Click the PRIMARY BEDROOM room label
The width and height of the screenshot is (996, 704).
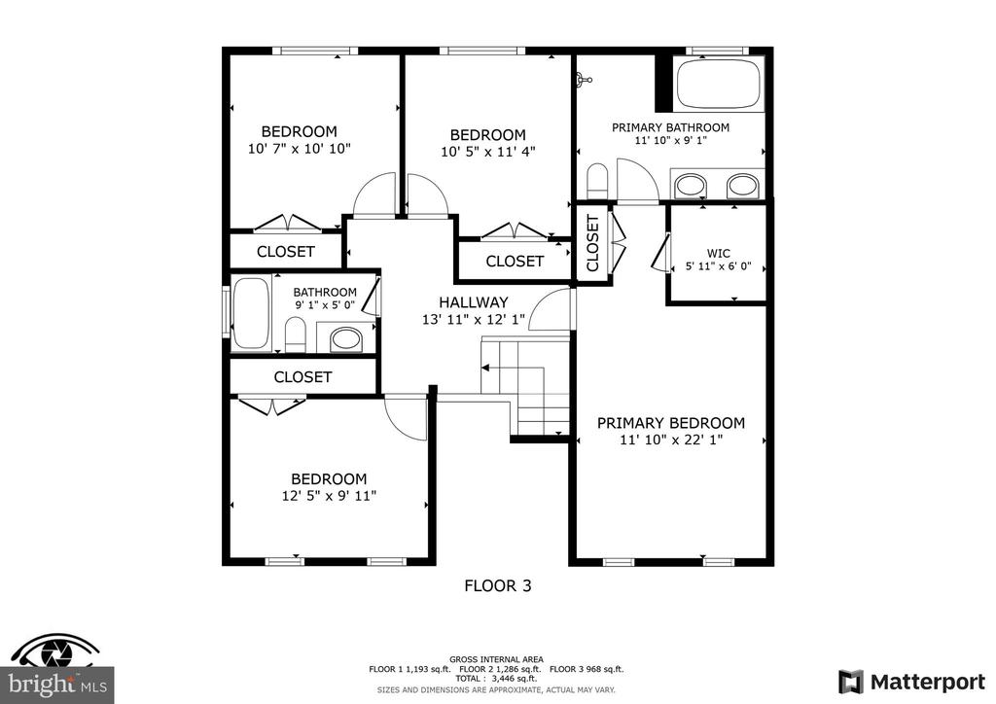pyautogui.click(x=671, y=423)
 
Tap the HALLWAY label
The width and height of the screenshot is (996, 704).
pyautogui.click(x=474, y=302)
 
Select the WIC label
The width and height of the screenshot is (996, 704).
pyautogui.click(x=719, y=253)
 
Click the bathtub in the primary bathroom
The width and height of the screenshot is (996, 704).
pyautogui.click(x=719, y=85)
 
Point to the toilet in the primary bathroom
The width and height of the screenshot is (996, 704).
pyautogui.click(x=597, y=181)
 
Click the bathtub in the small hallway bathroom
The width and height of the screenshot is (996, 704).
pyautogui.click(x=251, y=313)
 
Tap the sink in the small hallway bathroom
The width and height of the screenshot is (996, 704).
pyautogui.click(x=346, y=339)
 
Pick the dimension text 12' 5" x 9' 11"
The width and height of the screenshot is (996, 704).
pyautogui.click(x=329, y=495)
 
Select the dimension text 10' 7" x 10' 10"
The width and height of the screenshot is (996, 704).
pyautogui.click(x=300, y=149)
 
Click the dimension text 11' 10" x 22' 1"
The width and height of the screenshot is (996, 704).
pyautogui.click(x=671, y=440)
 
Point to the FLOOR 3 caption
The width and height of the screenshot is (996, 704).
pyautogui.click(x=498, y=585)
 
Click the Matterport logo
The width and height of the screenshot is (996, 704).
pyautogui.click(x=912, y=683)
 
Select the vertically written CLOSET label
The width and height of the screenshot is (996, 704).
pyautogui.click(x=592, y=243)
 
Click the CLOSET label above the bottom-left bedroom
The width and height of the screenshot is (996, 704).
pyautogui.click(x=302, y=377)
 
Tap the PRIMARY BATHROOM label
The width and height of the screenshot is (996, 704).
pyautogui.click(x=670, y=127)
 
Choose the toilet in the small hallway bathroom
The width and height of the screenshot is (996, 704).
pyautogui.click(x=296, y=334)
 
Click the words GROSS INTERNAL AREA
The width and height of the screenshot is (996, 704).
pyautogui.click(x=496, y=659)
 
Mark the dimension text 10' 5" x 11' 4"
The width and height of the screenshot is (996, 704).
pyautogui.click(x=488, y=152)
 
